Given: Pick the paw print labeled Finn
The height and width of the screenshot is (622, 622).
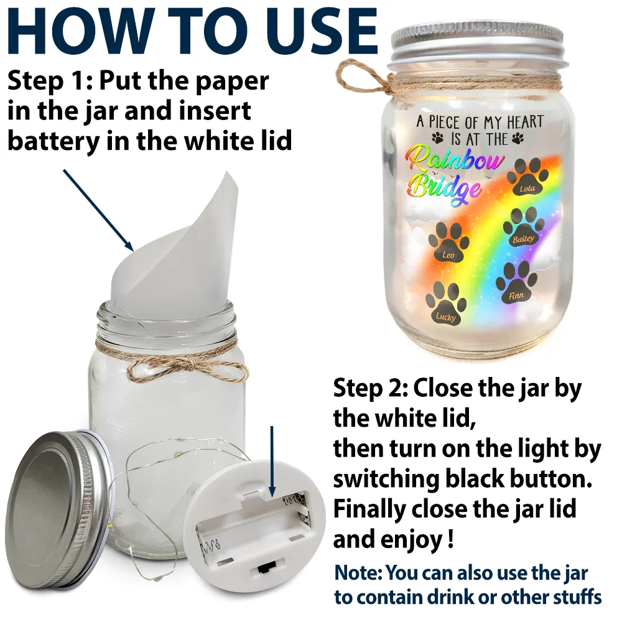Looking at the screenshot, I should pos(516,285).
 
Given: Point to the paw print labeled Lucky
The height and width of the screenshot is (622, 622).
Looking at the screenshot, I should pos(445,306).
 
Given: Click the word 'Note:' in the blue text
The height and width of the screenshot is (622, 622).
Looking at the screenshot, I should pos(358,572).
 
